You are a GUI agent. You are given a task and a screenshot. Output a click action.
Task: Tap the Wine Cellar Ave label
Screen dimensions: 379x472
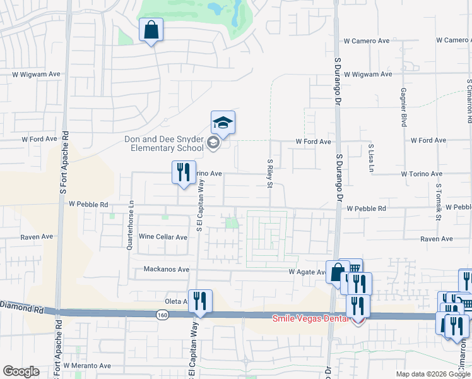tap(163, 237)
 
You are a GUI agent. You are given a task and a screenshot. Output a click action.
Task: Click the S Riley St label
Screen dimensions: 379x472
tap(269, 173)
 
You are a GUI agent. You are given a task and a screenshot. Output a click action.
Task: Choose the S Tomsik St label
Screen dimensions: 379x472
tap(438, 203)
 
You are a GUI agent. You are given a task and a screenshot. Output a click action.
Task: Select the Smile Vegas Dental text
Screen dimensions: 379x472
tap(310, 318)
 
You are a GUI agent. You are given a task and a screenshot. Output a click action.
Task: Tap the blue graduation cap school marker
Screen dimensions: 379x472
tap(223, 122)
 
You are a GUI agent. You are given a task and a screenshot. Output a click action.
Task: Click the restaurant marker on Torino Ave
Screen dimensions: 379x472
tap(184, 172)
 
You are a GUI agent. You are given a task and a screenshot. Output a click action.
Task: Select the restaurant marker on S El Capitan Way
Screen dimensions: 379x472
tap(201, 301)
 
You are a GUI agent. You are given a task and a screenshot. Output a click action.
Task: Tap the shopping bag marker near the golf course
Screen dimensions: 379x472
tap(151, 30)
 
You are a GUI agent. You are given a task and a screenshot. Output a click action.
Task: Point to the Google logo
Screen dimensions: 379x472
tap(21, 371)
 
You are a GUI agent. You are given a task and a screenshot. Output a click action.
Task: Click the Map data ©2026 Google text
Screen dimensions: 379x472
tap(434, 374)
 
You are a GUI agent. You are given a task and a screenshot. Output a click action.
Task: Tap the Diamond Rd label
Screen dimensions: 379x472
tap(20, 306)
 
